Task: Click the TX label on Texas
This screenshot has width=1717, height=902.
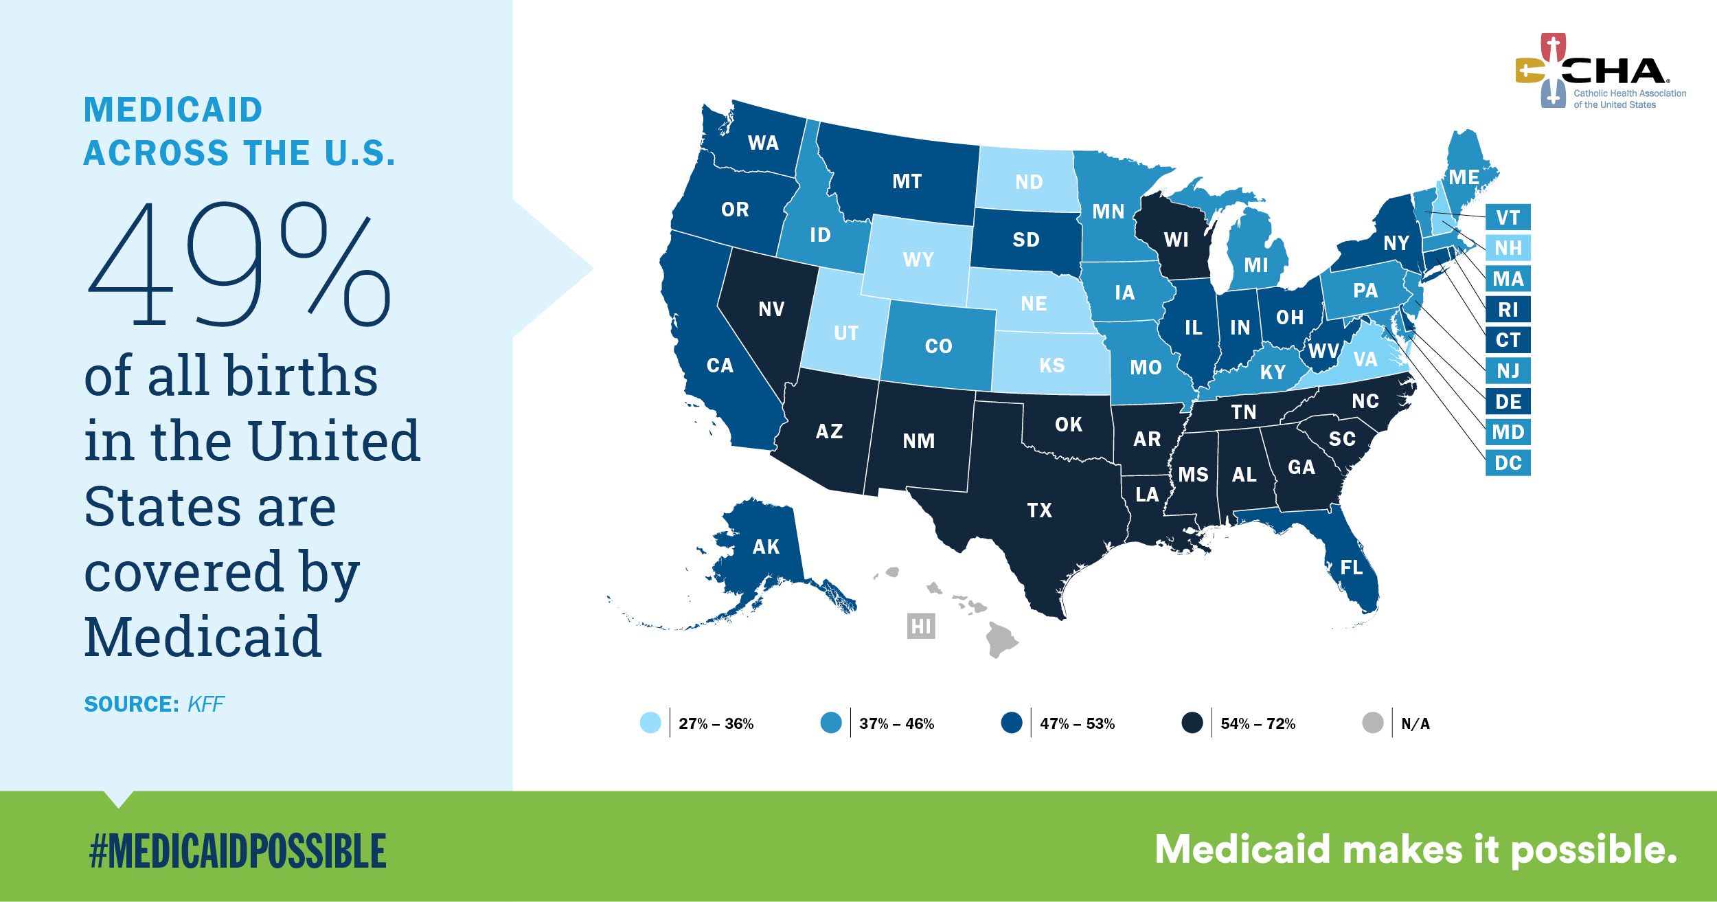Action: tap(1039, 510)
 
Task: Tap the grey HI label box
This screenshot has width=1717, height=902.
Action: tap(920, 626)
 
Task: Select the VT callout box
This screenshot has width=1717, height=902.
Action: tap(1508, 218)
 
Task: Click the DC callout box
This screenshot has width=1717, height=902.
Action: tap(1508, 463)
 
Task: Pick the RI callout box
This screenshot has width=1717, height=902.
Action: tap(1508, 310)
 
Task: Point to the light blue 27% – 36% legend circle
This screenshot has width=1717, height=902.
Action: tap(650, 723)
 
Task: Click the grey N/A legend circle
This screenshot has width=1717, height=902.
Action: tap(1372, 723)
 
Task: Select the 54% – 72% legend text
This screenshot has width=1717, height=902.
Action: tap(1258, 723)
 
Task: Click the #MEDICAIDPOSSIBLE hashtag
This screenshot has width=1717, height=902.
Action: tap(238, 850)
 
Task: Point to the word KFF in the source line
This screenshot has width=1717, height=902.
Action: tap(205, 704)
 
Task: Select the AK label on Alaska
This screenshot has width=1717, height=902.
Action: tap(766, 547)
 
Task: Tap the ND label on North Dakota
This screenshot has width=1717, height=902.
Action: tap(1029, 182)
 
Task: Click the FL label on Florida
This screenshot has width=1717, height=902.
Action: tap(1351, 567)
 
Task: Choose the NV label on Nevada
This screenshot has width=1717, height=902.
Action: tap(771, 309)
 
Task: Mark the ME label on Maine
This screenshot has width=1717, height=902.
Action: tap(1464, 177)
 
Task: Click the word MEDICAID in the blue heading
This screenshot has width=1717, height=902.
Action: tap(173, 110)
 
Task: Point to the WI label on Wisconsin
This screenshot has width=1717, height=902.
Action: tap(1176, 240)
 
